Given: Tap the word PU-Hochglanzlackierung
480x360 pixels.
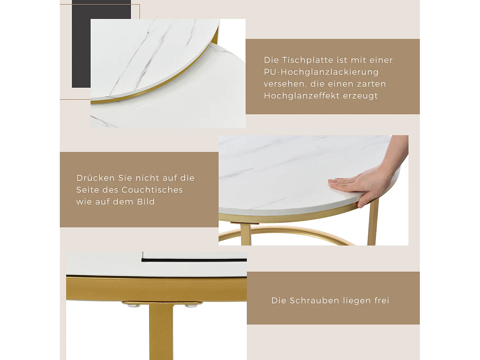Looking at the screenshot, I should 321,72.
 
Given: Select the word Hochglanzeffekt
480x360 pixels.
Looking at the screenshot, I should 302,96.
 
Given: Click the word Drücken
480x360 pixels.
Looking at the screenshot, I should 95,178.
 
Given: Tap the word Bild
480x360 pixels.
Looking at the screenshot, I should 146,202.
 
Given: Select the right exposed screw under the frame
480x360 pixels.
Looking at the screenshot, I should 191,306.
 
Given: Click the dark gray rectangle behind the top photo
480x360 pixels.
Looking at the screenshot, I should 81,48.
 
